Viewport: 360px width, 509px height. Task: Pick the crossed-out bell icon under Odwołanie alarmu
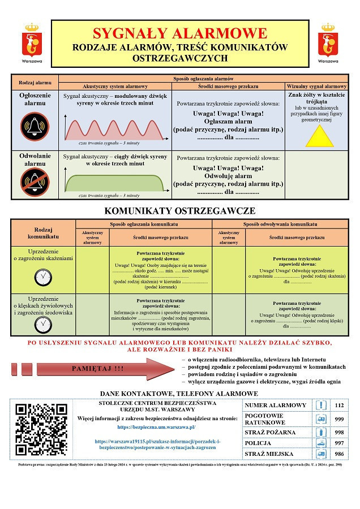point(35,182)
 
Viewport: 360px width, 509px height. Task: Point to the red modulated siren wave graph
point(114,129)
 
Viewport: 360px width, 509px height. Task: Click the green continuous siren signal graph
point(114,183)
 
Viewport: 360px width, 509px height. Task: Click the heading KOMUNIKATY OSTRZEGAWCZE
point(179,211)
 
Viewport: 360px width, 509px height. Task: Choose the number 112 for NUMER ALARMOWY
point(339,406)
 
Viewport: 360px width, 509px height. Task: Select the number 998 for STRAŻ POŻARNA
point(339,432)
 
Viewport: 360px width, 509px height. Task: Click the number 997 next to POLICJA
point(339,443)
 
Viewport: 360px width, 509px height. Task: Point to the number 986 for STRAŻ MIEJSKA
point(339,454)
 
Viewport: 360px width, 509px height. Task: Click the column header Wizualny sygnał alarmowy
point(317,87)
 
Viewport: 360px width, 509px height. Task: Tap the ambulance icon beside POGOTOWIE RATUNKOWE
point(321,419)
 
